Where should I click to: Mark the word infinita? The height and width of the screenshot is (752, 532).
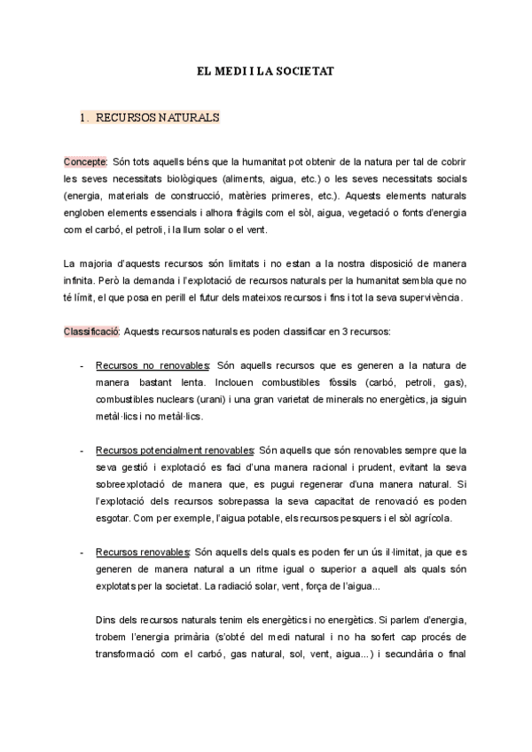pos(80,280)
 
